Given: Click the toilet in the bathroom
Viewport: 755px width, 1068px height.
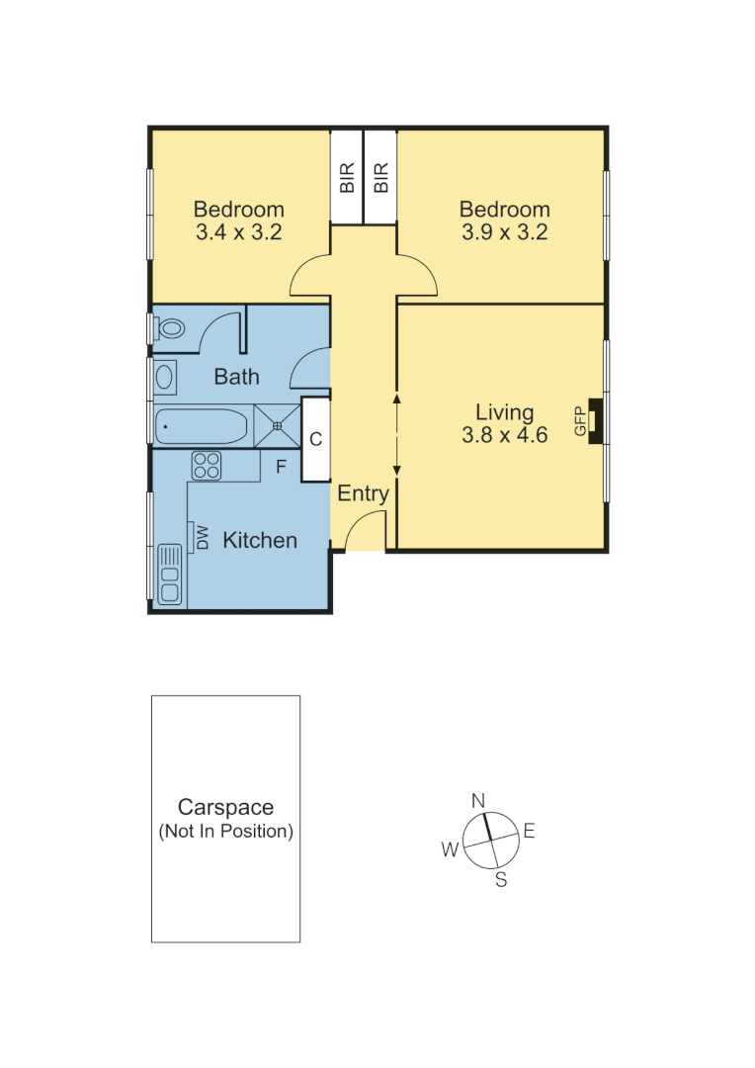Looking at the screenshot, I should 171,327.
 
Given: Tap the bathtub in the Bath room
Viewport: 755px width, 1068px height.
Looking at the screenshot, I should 201,426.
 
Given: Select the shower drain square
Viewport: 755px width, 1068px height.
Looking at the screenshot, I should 278,426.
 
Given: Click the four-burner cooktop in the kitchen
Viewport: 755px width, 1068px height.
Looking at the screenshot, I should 207,465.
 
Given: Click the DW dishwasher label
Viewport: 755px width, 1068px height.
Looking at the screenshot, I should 203,537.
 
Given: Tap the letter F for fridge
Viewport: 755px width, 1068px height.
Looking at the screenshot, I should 281,468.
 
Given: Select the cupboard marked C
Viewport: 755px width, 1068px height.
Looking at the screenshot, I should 315,439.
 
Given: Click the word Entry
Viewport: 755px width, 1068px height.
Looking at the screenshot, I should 364,494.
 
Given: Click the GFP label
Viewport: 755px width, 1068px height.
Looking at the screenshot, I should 580,421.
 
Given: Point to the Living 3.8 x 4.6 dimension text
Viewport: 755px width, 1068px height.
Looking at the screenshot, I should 504,434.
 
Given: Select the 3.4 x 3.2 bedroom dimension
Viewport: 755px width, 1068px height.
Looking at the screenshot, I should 238,233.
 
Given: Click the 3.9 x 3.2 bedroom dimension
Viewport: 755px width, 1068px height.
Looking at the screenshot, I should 504,233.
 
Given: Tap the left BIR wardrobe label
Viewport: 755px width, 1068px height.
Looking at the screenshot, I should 347,178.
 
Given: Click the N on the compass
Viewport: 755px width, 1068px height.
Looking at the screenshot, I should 478,800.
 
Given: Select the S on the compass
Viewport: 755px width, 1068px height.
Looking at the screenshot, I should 501,880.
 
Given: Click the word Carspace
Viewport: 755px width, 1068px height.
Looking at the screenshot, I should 225,808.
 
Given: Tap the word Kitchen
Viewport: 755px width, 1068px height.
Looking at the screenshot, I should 260,540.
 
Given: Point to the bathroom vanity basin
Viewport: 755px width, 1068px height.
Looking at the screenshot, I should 164,376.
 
